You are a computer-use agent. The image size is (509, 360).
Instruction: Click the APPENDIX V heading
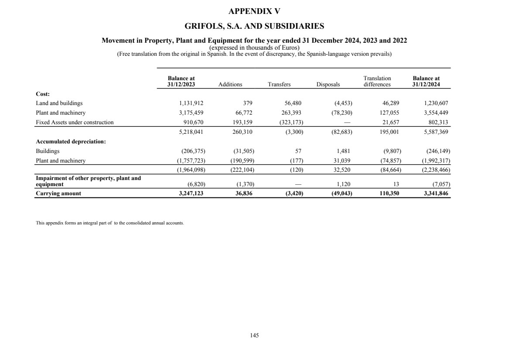coord(254,11)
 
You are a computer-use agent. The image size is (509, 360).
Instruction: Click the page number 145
coord(254,335)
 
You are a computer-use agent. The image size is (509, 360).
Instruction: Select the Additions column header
coord(230,85)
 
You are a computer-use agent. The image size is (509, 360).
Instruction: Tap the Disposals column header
coord(328,85)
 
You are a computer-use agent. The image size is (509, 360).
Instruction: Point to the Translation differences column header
coord(377,82)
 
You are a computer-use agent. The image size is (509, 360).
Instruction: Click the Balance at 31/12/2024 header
coord(426,82)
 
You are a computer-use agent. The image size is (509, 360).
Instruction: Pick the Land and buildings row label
coord(59,103)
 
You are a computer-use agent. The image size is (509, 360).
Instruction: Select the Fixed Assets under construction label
coord(75,122)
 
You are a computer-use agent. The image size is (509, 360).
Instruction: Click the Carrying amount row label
coord(58,193)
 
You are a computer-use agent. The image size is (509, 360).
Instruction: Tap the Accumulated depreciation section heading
coord(71,142)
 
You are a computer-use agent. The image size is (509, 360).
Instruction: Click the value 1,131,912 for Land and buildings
coord(191,103)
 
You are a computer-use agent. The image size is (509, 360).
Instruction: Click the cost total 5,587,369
coord(436,131)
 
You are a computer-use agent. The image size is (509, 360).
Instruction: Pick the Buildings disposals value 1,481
coord(345,151)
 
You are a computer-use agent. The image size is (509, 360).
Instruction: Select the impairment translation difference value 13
coord(396,184)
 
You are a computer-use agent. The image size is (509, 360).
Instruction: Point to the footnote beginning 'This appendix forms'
coord(109,223)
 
